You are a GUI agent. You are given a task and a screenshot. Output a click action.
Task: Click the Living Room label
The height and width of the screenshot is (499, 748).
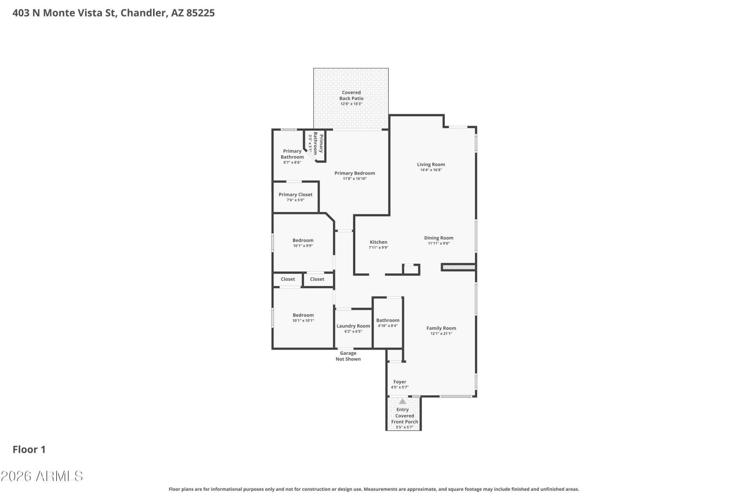coord(431,165)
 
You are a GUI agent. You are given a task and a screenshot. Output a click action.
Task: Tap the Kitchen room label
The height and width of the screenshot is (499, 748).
coord(379,242)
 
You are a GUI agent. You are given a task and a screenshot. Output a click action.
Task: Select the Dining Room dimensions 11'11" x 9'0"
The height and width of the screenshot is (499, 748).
coord(439,243)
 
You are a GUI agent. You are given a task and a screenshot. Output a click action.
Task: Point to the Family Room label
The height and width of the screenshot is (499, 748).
coord(441,328)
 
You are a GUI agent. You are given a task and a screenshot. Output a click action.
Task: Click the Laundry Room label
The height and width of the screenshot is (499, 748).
coord(353,326)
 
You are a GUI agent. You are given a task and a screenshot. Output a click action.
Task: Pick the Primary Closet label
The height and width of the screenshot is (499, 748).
coord(296,195)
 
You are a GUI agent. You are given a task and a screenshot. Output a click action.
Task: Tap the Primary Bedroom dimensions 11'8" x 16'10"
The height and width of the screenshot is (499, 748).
coord(355,179)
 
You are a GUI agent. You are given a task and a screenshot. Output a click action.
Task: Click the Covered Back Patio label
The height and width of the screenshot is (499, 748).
coord(351,96)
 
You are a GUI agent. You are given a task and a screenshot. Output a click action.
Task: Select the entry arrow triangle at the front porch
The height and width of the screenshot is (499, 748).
coord(402,401)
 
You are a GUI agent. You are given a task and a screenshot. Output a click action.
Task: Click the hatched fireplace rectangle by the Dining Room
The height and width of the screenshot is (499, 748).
coord(459,267)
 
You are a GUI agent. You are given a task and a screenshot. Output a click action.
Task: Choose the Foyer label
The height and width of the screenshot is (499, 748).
coord(400,382)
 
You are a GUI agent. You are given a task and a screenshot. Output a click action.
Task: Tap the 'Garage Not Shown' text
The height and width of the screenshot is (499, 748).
coord(348,356)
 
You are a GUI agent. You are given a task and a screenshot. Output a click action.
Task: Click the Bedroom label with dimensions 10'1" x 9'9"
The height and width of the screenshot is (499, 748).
coord(303,241)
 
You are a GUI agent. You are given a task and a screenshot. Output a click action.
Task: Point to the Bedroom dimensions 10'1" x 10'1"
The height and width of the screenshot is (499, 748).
coord(303,320)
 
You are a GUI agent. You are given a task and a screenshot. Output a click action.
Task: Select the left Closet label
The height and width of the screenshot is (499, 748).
coord(288,279)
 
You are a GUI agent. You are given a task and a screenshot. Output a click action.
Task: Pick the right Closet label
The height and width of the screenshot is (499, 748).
coord(317,279)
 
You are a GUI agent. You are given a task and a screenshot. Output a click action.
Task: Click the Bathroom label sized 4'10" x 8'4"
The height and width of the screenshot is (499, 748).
coord(388,320)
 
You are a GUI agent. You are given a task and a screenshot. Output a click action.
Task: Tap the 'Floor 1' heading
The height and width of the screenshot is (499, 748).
coord(29,449)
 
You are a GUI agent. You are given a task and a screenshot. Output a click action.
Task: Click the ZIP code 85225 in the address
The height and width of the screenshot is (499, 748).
coord(201,13)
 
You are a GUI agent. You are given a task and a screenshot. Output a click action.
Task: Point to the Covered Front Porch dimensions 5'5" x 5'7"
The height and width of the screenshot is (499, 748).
coord(405,427)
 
